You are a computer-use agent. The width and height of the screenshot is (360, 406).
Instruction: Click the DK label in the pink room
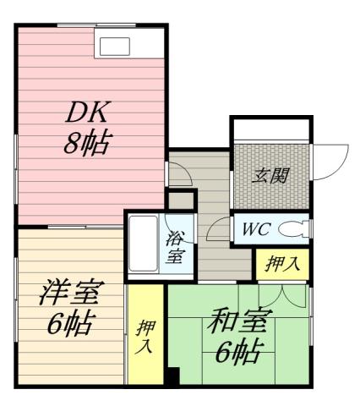coord(89,112)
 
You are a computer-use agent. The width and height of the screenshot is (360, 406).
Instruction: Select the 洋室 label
coord(71,294)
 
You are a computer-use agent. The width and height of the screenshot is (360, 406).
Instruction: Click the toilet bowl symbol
coord(292,228)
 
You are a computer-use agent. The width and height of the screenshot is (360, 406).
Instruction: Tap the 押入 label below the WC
coord(281,264)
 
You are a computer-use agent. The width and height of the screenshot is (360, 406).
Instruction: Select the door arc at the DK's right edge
coord(179,173)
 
